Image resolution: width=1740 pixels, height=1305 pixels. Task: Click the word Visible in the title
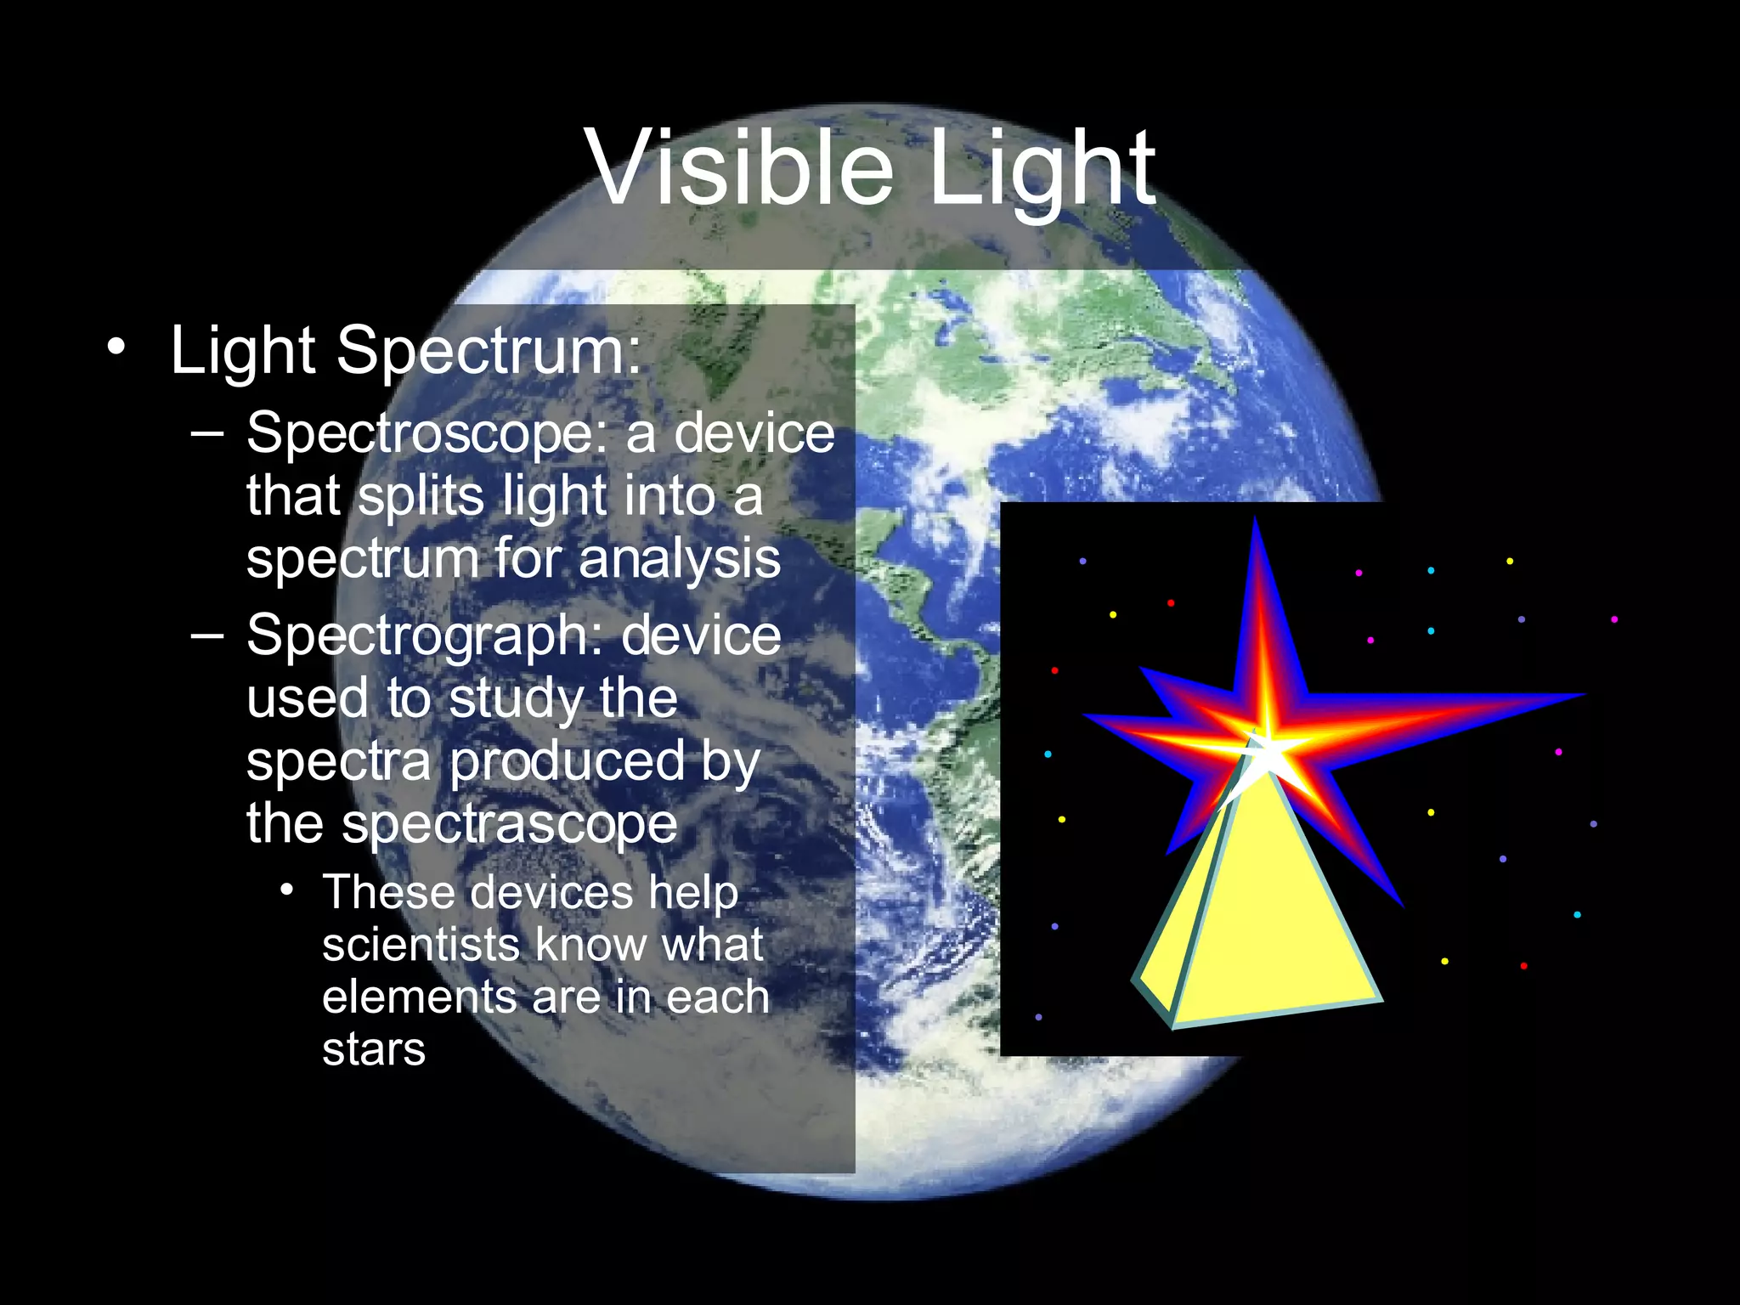(x=739, y=167)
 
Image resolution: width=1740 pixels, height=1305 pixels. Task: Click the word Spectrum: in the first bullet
(x=489, y=350)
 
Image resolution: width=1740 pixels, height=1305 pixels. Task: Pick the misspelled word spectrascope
(x=509, y=824)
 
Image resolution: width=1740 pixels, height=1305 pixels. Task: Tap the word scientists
(x=421, y=945)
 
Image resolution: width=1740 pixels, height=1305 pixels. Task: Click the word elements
(x=419, y=997)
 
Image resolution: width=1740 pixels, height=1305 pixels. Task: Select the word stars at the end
(x=373, y=1050)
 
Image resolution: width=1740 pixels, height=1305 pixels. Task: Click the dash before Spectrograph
(x=207, y=635)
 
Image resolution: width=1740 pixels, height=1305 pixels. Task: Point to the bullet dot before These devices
(x=287, y=890)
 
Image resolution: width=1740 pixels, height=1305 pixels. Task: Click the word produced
(x=567, y=762)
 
